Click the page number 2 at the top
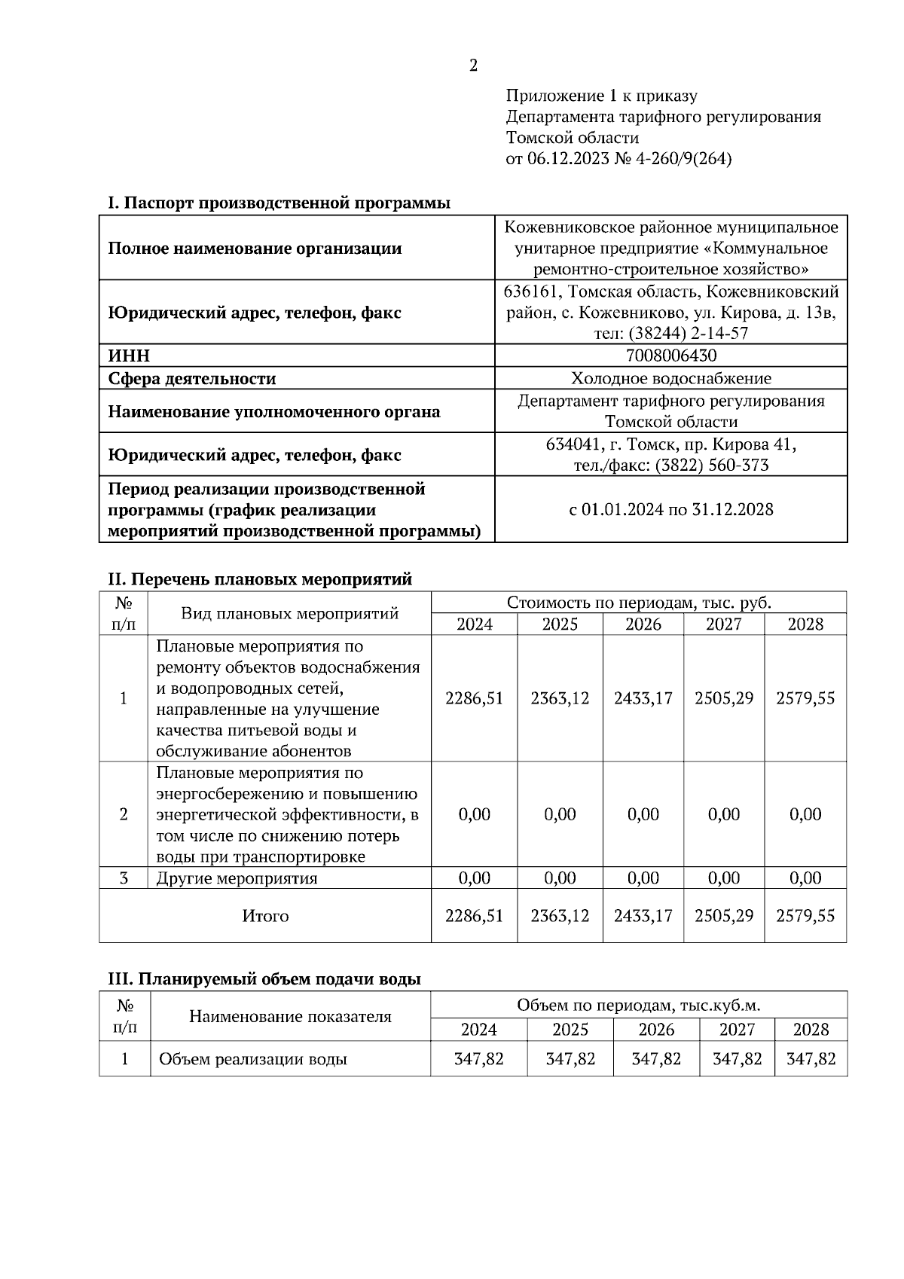473,66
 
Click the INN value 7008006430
670,356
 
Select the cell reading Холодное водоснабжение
670,378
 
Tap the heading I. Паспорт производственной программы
279,203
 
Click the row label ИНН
130,356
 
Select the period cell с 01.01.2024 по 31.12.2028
670,509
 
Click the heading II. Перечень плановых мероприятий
260,579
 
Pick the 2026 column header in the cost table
643,624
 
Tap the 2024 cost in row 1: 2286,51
474,698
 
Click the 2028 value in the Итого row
805,916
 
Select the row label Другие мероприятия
237,878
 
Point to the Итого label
265,916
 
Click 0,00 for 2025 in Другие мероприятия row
560,878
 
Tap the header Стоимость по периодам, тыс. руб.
638,603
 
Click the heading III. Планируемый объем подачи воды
264,979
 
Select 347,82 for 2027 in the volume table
737,1059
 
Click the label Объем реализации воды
252,1059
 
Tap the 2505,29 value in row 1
723,698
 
